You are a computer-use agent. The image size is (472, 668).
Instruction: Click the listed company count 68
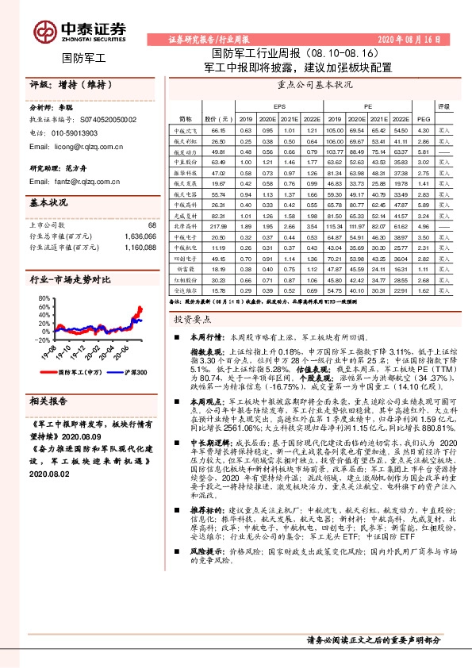(152, 225)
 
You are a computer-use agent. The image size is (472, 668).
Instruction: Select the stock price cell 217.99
(218, 226)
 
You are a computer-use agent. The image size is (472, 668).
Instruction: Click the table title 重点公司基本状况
(314, 83)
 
